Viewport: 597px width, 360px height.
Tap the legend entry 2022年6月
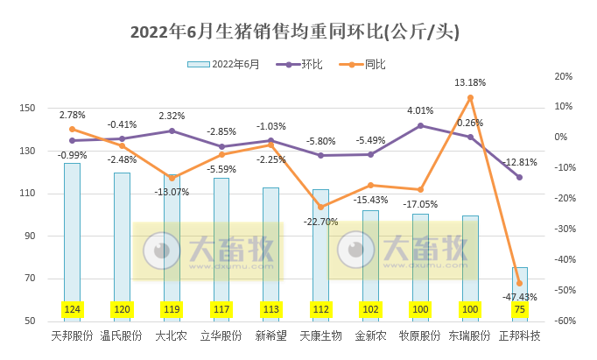224,64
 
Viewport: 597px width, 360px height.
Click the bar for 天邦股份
72,228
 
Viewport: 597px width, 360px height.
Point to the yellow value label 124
72,309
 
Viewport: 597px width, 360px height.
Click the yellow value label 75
520,309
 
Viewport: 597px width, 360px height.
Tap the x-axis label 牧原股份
420,335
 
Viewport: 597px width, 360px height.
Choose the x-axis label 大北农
172,335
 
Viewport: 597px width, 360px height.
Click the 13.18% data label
470,82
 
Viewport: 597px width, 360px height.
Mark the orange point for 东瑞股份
470,97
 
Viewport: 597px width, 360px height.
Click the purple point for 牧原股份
420,125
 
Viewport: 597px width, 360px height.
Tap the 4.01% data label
420,110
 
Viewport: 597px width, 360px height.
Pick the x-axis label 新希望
270,335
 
